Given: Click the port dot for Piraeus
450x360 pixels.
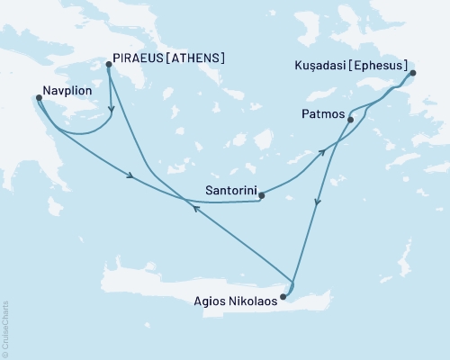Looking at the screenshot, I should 108,65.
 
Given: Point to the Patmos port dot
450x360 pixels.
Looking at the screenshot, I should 349,120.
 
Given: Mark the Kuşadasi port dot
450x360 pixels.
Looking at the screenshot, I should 413,74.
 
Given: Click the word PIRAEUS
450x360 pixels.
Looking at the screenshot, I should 140,59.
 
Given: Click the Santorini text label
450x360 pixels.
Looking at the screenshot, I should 229,191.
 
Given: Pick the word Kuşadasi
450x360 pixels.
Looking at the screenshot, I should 319,67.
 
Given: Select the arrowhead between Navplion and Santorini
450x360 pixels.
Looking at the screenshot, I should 132,176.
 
